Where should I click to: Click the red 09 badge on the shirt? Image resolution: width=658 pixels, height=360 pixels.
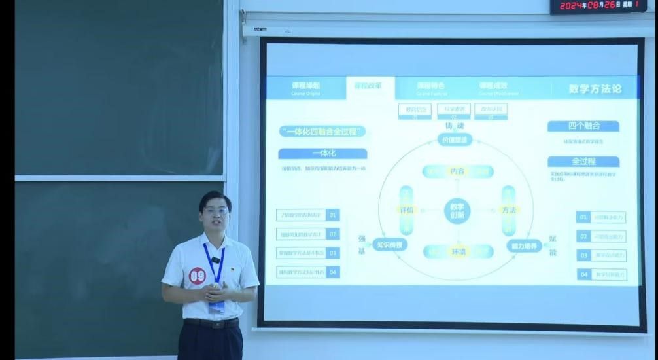pos(197,276)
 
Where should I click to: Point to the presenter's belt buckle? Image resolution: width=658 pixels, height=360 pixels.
pos(213,323)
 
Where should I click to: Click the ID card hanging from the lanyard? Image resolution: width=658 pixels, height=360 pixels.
pos(216,306)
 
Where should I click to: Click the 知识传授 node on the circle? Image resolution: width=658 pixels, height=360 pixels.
pos(390,245)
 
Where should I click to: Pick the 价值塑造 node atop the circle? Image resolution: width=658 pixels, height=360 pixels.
pos(455,139)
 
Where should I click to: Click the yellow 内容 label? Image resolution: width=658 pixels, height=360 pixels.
pos(457,171)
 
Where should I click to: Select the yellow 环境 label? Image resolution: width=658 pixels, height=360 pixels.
pos(457,251)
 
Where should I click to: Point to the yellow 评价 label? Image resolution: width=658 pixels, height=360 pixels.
pos(406,210)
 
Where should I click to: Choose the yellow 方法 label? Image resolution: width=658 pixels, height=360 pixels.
pos(508,210)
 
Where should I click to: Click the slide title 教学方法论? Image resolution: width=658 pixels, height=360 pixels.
pos(595,88)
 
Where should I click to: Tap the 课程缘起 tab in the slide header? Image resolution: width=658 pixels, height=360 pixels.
pos(305,88)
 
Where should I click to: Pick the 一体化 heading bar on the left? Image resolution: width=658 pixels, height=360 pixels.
pos(322,153)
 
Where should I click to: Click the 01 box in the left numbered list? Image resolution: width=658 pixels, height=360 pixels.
pos(333,215)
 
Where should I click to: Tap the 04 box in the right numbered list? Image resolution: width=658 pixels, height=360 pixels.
pos(583,274)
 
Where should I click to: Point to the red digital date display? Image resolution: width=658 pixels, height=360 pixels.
pos(598,6)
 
